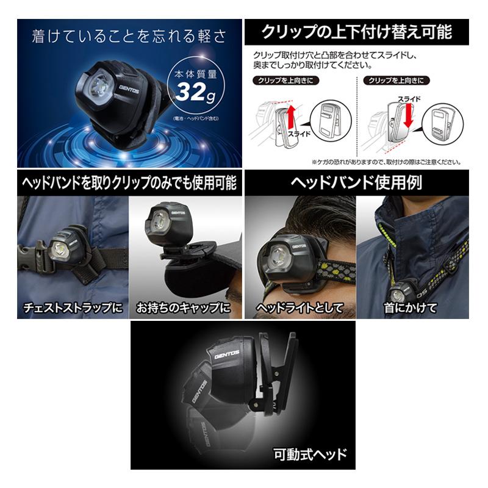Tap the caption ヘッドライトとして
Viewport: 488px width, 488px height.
(299, 306)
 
